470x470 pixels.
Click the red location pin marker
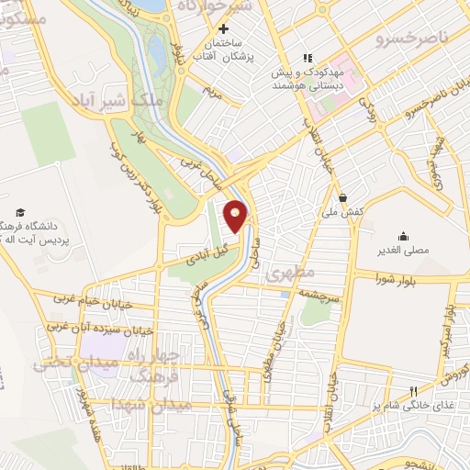(236, 216)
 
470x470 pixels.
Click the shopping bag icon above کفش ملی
(342, 196)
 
